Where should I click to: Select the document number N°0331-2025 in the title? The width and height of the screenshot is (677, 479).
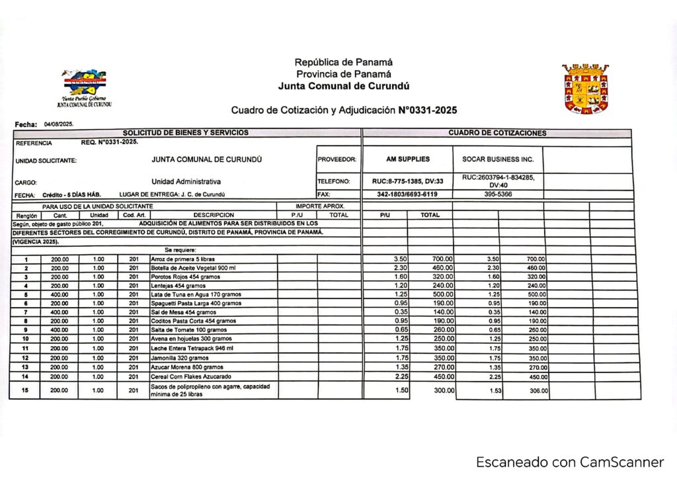(x=428, y=110)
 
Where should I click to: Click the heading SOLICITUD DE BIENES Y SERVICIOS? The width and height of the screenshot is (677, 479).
(x=186, y=133)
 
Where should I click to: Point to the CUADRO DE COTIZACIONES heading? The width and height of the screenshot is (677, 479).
(x=497, y=133)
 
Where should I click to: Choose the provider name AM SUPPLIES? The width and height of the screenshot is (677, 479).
(x=407, y=159)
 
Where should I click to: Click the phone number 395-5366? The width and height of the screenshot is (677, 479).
(x=498, y=195)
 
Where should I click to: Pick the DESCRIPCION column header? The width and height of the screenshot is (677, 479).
(x=214, y=215)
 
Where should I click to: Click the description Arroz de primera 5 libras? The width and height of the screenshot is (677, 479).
(x=183, y=259)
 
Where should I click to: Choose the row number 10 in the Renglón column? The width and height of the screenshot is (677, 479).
(x=26, y=339)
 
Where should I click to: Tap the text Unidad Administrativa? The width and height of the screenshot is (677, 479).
(x=186, y=181)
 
